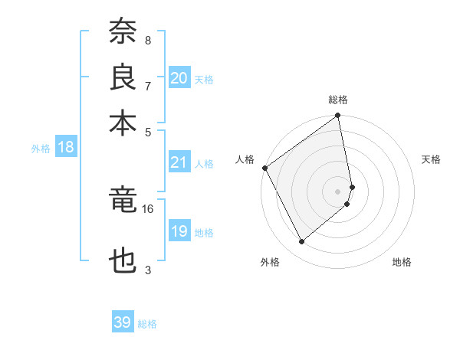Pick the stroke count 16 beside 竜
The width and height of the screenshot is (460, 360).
(148, 208)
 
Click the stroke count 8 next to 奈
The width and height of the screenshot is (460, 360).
(148, 40)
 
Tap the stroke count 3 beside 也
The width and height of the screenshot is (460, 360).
(148, 270)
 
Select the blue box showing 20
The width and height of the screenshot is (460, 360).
(179, 78)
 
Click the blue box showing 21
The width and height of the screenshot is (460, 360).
(179, 162)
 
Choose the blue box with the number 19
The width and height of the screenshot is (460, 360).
(179, 231)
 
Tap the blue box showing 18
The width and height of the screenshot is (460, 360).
(66, 148)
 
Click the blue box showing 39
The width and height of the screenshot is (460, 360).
(123, 322)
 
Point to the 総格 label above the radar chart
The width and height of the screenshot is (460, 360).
(338, 100)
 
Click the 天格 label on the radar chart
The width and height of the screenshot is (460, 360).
(432, 159)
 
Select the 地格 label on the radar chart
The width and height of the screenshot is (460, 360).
(402, 262)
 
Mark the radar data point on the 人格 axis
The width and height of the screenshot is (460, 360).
(264, 168)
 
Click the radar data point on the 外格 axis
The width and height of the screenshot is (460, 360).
(301, 242)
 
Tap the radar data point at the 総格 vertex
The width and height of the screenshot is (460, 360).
(338, 116)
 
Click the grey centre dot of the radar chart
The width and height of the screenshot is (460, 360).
(338, 191)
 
